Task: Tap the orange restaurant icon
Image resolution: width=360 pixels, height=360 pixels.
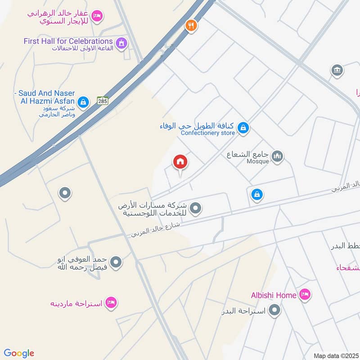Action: tap(191, 26)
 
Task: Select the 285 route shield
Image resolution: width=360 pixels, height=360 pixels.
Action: tap(103, 101)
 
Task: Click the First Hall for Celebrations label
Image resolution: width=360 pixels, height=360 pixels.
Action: tap(68, 41)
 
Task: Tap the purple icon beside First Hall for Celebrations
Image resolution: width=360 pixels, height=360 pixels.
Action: tap(121, 44)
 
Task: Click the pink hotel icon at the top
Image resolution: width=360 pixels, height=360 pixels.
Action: tap(96, 17)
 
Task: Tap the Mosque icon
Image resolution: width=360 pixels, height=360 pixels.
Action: tap(278, 157)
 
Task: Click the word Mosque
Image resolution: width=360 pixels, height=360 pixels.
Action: tap(258, 161)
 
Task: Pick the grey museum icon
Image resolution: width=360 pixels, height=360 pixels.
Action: tap(337, 70)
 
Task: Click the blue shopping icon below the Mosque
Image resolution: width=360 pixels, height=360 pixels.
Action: tap(257, 195)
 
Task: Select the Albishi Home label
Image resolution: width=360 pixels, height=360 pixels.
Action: tap(274, 295)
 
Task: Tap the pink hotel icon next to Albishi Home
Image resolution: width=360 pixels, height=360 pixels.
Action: tap(305, 295)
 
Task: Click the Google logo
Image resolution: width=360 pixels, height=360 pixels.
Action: tap(19, 353)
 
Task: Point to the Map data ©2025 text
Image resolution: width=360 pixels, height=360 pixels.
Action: tap(336, 355)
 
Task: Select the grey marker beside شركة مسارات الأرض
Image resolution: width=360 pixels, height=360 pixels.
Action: tap(195, 208)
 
